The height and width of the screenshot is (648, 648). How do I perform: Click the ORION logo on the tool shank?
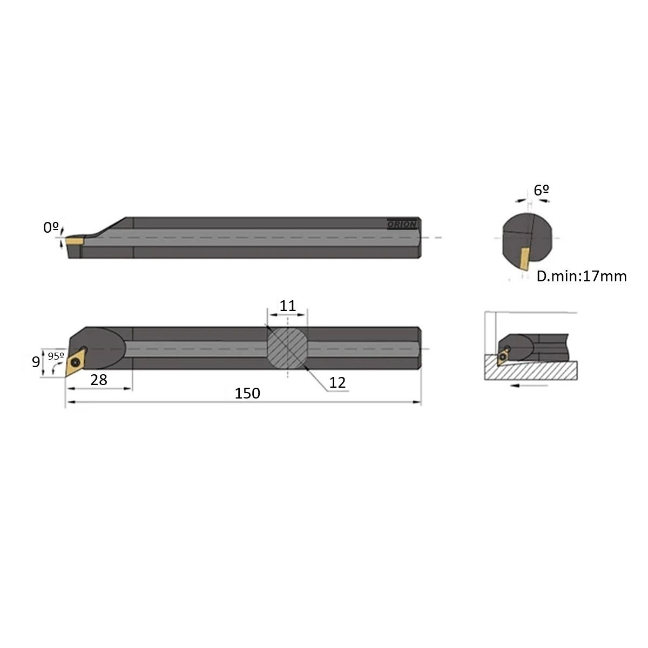(x=402, y=224)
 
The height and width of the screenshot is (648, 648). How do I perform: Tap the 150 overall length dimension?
(x=247, y=393)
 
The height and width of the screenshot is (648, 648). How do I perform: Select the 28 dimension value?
(x=98, y=380)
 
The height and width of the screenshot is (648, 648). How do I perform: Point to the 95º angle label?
(x=56, y=356)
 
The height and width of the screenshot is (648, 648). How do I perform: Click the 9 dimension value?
(x=36, y=362)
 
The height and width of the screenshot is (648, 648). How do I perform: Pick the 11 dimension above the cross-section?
(x=287, y=306)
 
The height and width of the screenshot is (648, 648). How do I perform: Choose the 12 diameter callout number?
(x=337, y=382)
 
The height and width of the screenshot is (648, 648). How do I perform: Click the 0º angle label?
(x=51, y=228)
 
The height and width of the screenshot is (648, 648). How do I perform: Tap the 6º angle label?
(x=541, y=190)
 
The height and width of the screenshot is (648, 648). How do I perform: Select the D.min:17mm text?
(x=582, y=276)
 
